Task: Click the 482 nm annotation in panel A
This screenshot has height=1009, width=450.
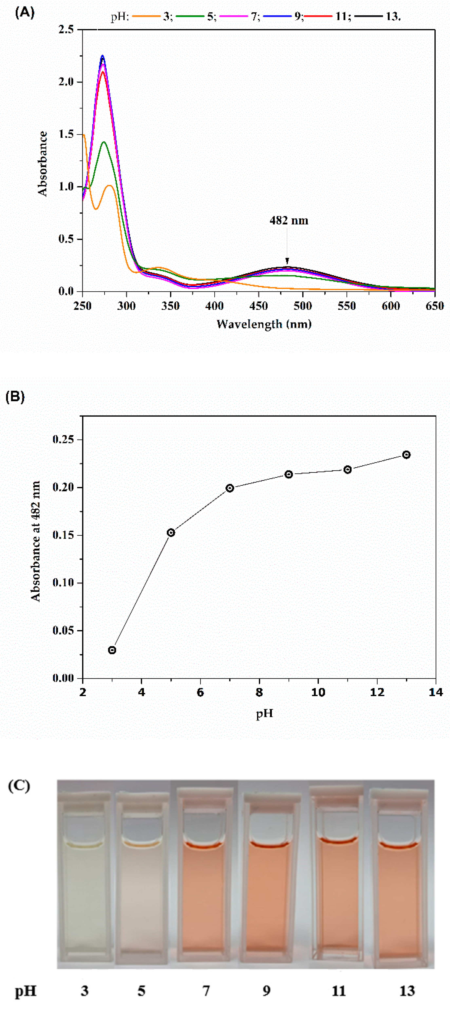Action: pos(289,220)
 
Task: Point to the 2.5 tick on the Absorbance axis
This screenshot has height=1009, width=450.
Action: pos(66,29)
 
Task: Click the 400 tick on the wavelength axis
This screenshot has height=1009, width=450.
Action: pos(214,306)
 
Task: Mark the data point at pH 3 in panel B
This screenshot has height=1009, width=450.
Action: pos(112,650)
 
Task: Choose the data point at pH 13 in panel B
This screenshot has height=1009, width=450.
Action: pos(407,455)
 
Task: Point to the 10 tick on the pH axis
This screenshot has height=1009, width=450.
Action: pos(318,693)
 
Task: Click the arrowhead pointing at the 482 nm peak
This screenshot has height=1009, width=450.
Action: pos(287,261)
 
